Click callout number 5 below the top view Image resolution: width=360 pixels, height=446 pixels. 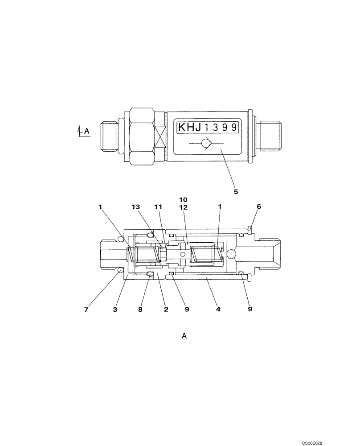[236, 192]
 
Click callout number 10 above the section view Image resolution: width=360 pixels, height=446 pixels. [184, 199]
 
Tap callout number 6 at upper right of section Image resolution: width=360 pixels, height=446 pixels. [259, 206]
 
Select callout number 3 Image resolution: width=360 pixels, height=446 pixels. [115, 309]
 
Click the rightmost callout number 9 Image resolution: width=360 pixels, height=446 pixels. [250, 309]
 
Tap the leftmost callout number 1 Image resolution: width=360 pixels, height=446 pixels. [101, 206]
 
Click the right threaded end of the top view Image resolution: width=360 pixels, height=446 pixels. [271, 133]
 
